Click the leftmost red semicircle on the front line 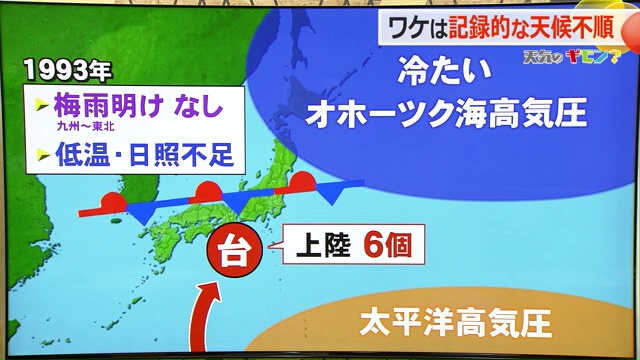(115, 202)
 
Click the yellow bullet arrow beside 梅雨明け (42, 105)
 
